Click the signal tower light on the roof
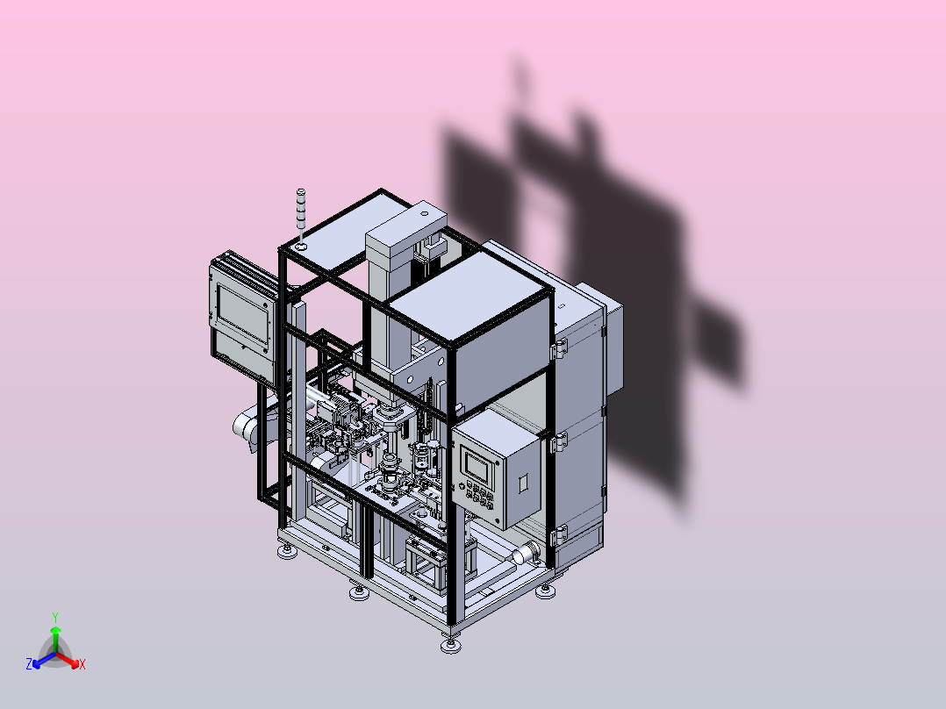click(x=300, y=211)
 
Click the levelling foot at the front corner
click(x=451, y=645)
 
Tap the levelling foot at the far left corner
click(x=285, y=553)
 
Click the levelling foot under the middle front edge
click(x=359, y=593)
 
